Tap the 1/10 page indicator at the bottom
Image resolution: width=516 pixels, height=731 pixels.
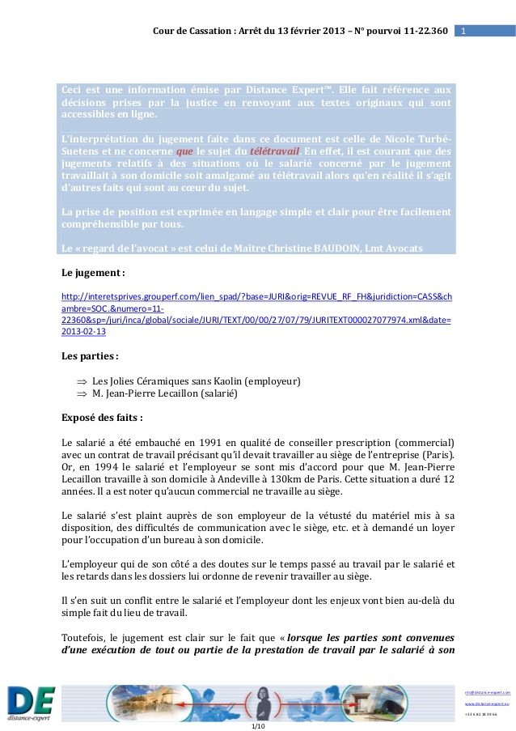(258, 725)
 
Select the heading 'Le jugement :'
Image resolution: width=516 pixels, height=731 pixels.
(93, 274)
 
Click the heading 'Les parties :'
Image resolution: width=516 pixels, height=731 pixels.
(91, 355)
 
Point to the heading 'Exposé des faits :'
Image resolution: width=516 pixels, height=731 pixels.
(102, 418)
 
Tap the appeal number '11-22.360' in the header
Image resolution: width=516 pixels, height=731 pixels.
(421, 31)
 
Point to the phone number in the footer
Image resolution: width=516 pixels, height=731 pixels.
(481, 714)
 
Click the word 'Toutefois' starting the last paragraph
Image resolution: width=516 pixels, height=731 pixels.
(85, 637)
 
